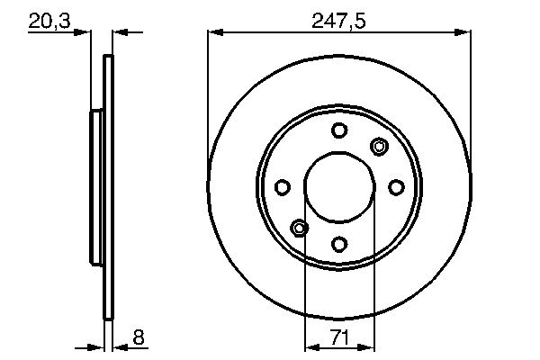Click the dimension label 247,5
(338, 19)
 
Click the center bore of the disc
(339, 187)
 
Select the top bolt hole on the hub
(339, 130)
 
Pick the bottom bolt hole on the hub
(339, 244)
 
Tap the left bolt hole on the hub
(282, 187)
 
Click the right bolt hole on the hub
(396, 187)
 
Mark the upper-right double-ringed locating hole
(379, 147)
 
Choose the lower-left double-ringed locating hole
(300, 228)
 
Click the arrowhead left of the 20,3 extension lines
(85, 33)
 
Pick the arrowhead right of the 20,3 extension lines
(119, 33)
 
